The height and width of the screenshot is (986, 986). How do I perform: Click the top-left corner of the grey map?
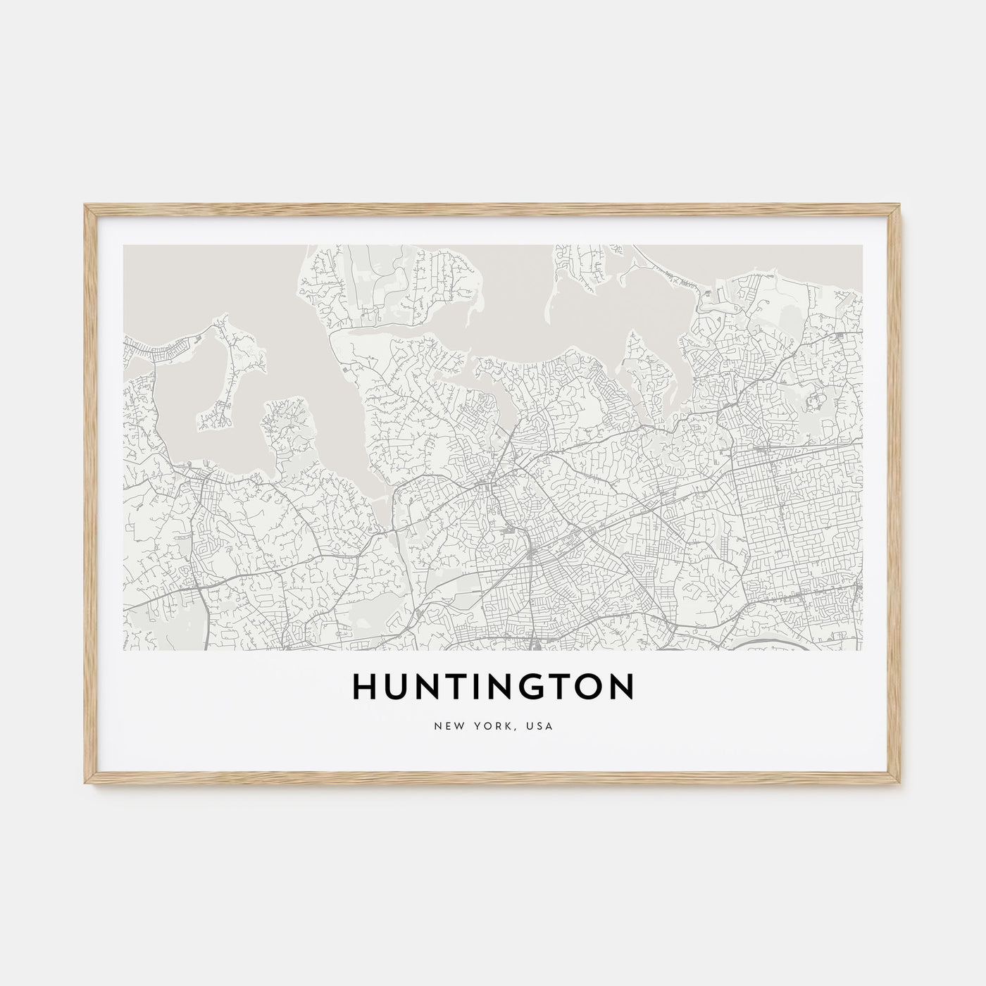(123, 245)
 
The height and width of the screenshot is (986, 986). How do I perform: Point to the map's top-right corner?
(863, 245)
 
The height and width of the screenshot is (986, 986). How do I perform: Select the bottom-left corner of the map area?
(123, 649)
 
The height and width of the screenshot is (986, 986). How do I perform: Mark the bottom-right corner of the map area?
(863, 649)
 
